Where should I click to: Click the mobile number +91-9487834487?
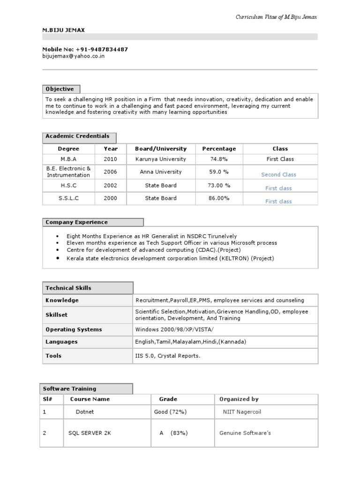point(100,49)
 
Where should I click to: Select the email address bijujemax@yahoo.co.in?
point(74,56)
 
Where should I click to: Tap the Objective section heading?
point(60,89)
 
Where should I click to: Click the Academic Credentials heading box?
point(77,136)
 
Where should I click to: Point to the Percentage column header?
point(219,149)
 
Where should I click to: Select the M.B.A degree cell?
point(68,159)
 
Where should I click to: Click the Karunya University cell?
point(160,159)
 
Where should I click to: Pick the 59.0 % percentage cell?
point(219,172)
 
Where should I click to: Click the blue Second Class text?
point(278,175)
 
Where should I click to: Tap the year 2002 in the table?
point(111,186)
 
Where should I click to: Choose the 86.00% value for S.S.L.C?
point(219,198)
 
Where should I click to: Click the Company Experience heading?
point(76,222)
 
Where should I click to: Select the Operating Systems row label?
point(74,330)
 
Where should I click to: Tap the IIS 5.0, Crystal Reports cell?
point(168,356)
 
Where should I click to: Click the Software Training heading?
point(69,389)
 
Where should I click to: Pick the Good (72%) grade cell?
point(170,412)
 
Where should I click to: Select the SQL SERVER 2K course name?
point(90,433)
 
